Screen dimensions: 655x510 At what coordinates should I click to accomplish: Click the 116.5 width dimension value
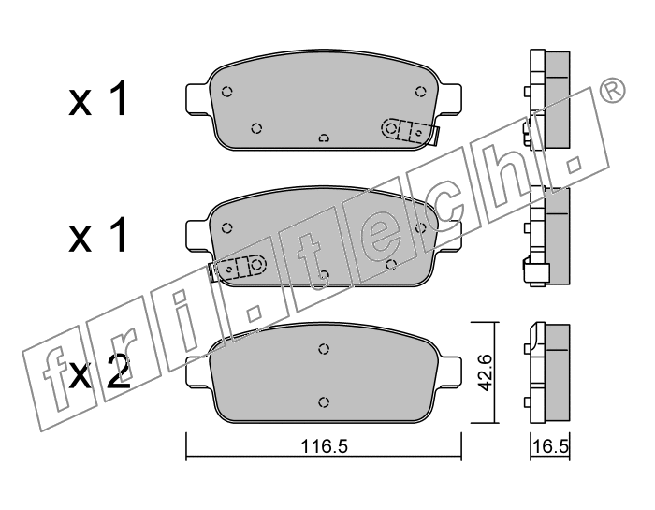325,447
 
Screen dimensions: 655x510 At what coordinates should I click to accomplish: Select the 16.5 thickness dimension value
550,447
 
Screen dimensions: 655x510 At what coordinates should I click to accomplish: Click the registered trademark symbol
612,92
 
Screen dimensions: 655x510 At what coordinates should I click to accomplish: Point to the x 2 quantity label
99,372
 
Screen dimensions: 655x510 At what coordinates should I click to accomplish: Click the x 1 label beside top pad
97,98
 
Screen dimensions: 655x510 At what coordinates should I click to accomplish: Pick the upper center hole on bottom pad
324,349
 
